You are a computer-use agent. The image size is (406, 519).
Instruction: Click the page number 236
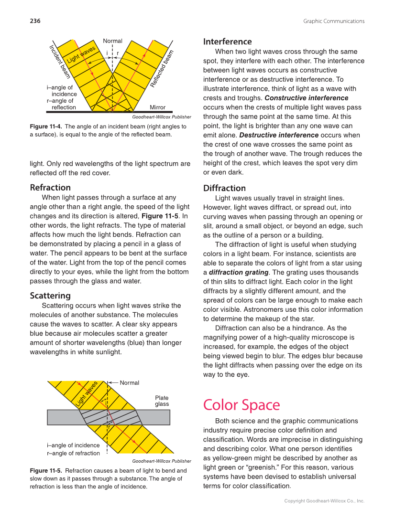[35, 21]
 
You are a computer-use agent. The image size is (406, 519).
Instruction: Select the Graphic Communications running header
[333, 21]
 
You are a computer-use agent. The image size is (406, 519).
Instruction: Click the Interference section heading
[227, 42]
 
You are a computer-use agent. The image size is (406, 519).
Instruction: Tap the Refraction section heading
[50, 187]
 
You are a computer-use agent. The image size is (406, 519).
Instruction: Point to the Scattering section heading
[50, 295]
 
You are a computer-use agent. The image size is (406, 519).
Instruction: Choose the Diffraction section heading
[224, 188]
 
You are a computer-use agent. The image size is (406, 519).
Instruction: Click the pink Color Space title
[241, 404]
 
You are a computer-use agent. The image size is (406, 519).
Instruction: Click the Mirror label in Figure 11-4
[157, 107]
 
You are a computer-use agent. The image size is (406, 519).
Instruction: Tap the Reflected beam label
[162, 69]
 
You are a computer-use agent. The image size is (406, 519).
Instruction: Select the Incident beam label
[60, 61]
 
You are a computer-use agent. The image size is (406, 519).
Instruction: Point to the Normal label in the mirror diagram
[113, 41]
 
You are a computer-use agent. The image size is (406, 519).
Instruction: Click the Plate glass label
[162, 401]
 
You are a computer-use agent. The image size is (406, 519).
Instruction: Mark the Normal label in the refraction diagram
[129, 382]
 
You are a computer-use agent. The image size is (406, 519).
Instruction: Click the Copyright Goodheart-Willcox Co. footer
[324, 501]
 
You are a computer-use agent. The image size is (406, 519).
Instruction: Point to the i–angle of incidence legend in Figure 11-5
[73, 445]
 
